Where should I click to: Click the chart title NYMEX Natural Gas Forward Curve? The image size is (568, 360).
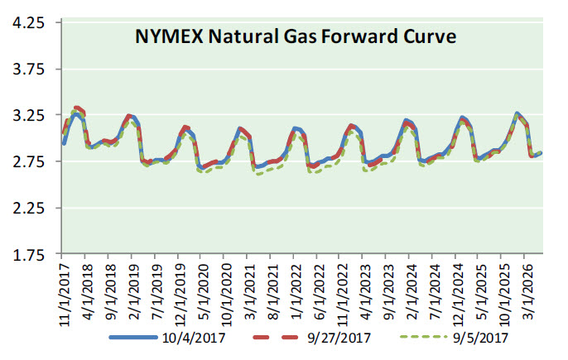(x=296, y=37)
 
